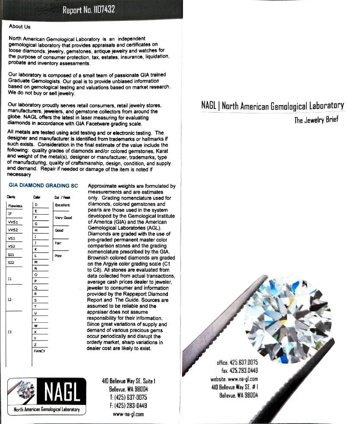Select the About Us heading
(x=19, y=27)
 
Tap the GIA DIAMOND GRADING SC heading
(x=43, y=186)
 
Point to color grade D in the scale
(x=36, y=205)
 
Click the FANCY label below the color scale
(x=39, y=351)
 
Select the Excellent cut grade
(x=62, y=205)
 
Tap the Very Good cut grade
(x=63, y=218)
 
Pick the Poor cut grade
(x=58, y=256)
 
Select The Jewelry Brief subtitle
(x=316, y=120)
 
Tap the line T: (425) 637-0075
(x=128, y=397)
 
